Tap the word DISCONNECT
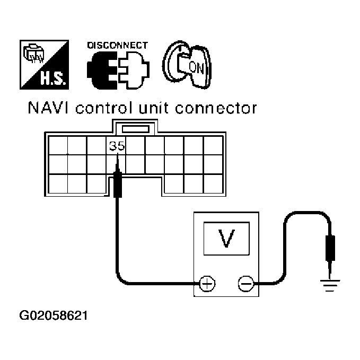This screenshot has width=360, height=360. click(x=117, y=45)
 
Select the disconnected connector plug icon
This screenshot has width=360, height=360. click(x=117, y=69)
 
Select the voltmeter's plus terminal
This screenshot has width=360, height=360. click(x=207, y=284)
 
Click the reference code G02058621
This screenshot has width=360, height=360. click(x=54, y=317)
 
